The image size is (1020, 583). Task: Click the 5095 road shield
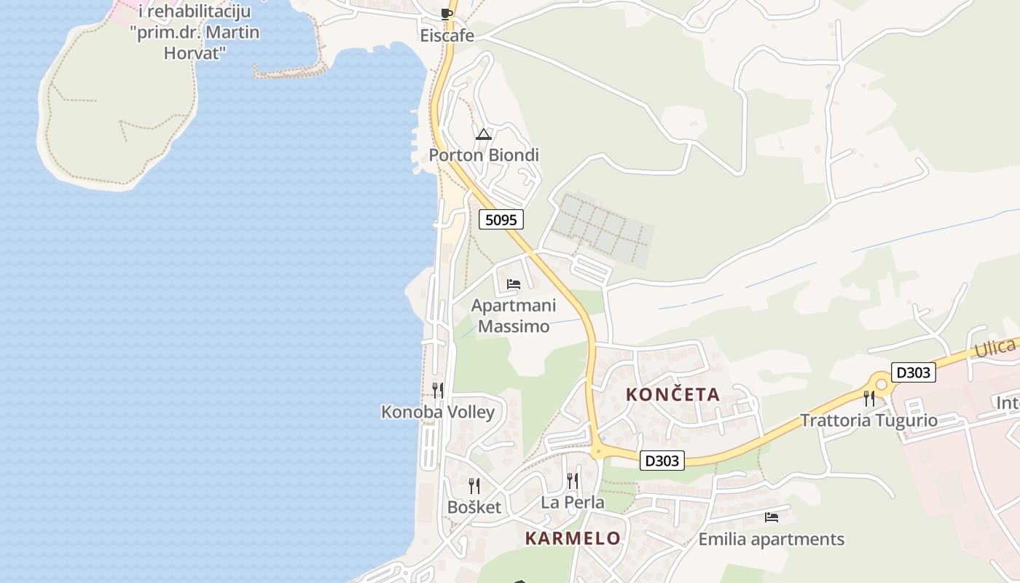click(x=501, y=219)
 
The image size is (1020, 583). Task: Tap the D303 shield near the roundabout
click(x=913, y=372)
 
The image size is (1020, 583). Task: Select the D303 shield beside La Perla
click(x=662, y=461)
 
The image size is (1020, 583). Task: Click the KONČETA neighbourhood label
click(x=673, y=395)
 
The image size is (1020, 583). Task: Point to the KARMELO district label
click(x=573, y=539)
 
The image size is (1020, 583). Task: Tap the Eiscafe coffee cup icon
click(x=447, y=14)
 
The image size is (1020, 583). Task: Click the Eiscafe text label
click(x=447, y=35)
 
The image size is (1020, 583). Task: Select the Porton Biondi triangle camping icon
click(x=484, y=134)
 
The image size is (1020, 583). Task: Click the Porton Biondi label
click(x=484, y=155)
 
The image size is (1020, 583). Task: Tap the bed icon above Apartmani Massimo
click(x=514, y=284)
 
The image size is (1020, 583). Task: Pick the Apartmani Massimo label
click(x=513, y=316)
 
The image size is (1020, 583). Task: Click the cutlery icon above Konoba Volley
click(x=438, y=391)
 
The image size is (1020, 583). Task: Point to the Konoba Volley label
click(x=438, y=412)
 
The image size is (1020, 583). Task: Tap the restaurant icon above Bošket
click(x=474, y=486)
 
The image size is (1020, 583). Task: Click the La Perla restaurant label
click(x=573, y=502)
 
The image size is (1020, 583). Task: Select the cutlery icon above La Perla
click(x=573, y=481)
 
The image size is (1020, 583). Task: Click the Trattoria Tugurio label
click(x=868, y=420)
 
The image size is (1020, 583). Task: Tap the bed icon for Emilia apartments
click(x=772, y=518)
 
